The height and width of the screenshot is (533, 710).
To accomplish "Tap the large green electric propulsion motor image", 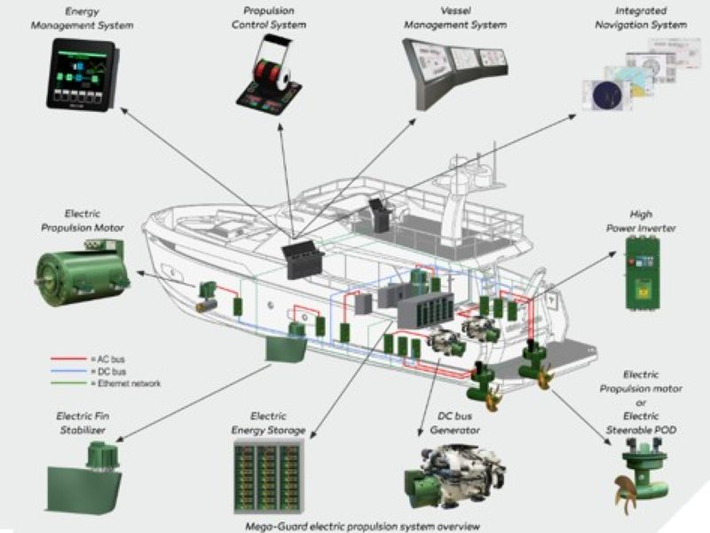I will click(80, 267).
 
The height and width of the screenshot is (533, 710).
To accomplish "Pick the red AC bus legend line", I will click(67, 359).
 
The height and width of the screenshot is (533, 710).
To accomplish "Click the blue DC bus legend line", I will click(67, 371).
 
